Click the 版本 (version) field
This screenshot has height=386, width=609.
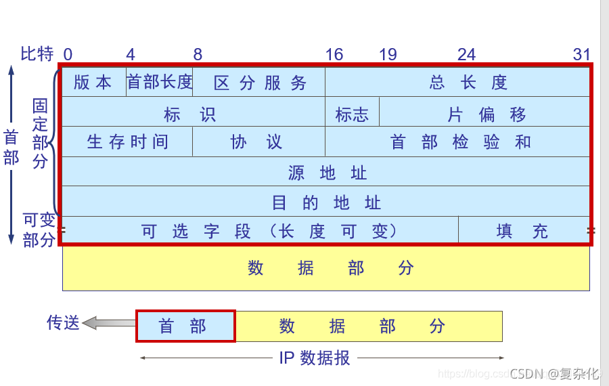pyautogui.click(x=93, y=83)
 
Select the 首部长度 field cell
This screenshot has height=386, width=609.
pyautogui.click(x=160, y=83)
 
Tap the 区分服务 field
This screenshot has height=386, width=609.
pyautogui.click(x=260, y=83)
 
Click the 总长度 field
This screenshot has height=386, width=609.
pyautogui.click(x=468, y=83)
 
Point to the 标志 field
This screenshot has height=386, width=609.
pyautogui.click(x=352, y=114)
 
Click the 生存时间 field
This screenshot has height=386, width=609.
pyautogui.click(x=127, y=142)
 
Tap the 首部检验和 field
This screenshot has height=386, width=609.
pyautogui.click(x=460, y=142)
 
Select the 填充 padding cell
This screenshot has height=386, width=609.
pyautogui.click(x=522, y=232)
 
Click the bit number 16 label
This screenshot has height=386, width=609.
pyautogui.click(x=334, y=55)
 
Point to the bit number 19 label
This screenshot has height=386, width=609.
pyautogui.click(x=388, y=55)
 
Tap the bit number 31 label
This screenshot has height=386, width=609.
pyautogui.click(x=582, y=55)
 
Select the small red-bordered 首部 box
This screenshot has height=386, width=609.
pyautogui.click(x=185, y=326)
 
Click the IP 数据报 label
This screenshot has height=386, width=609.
pyautogui.click(x=315, y=358)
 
